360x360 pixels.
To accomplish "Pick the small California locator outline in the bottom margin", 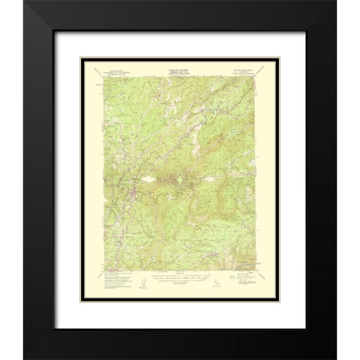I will pyautogui.click(x=217, y=282).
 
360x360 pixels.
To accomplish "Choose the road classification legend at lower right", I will pyautogui.click(x=240, y=279).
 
